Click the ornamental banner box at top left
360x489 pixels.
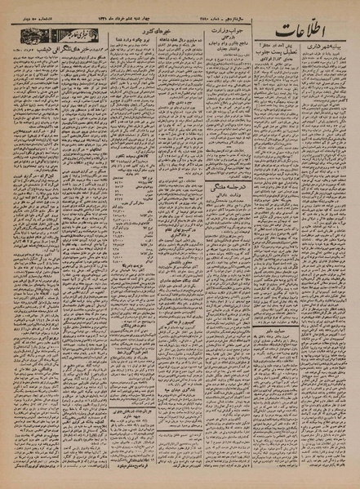coord(48,38)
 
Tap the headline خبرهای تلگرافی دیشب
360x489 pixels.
coord(62,54)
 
